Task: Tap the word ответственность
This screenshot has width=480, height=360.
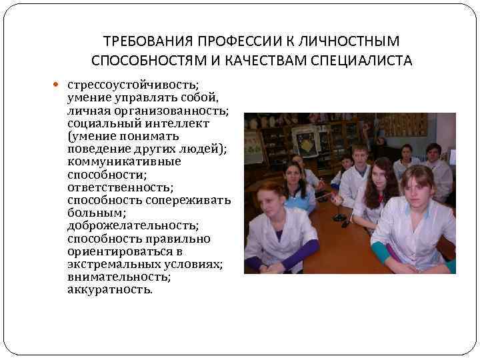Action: coord(121,187)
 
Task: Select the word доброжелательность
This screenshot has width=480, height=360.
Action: coord(133,226)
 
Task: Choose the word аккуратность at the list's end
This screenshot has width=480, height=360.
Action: coord(109,290)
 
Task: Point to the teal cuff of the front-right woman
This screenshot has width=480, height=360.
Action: coord(381,253)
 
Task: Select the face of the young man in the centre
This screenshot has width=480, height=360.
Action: coord(359,157)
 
